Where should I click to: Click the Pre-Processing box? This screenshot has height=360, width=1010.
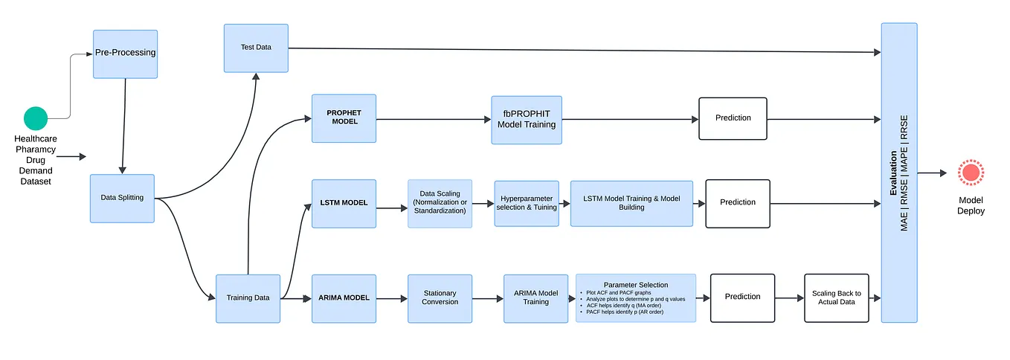(125, 54)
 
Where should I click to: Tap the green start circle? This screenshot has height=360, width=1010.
(36, 118)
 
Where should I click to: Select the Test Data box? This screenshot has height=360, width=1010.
(256, 48)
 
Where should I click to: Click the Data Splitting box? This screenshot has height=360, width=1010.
(122, 198)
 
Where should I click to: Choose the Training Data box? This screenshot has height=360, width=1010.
(248, 298)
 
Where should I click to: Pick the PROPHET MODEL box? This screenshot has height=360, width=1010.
(344, 118)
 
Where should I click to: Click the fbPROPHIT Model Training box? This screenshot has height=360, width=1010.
(526, 119)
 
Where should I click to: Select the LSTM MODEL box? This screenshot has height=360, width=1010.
(344, 203)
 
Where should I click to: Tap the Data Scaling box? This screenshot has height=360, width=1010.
(440, 203)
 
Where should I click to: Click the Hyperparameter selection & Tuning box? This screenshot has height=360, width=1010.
(527, 203)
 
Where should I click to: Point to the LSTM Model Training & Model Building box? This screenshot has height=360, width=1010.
(631, 203)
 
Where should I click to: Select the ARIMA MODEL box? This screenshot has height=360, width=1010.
(344, 298)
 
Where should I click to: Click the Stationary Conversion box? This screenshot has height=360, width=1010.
(440, 298)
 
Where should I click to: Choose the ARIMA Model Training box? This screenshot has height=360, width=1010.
(535, 298)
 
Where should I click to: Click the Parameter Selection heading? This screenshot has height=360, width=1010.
(635, 285)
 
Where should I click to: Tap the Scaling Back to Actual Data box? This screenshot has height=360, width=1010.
(836, 298)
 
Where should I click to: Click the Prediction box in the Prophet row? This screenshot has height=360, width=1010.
(733, 118)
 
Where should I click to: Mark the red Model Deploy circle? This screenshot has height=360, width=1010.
(971, 173)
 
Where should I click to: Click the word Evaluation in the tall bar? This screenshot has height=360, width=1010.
(893, 173)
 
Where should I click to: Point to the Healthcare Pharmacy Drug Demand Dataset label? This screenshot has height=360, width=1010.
(36, 160)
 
